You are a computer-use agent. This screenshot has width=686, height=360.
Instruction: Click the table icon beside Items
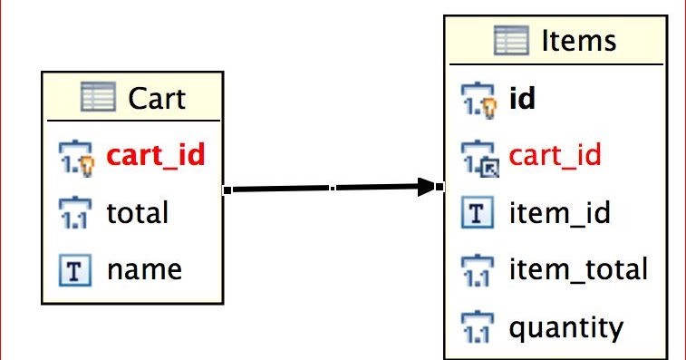point(511,41)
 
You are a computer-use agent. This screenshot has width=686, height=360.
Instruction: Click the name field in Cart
point(144,269)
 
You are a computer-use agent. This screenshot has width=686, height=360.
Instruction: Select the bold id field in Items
point(522,98)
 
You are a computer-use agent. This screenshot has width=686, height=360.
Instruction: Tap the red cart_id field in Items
point(556,155)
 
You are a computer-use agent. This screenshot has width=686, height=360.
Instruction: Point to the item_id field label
point(559,213)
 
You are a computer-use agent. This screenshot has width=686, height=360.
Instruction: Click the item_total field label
point(578,269)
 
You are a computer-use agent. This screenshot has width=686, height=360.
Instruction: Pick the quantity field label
point(566,326)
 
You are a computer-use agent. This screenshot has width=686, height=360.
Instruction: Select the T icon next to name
point(74,269)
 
